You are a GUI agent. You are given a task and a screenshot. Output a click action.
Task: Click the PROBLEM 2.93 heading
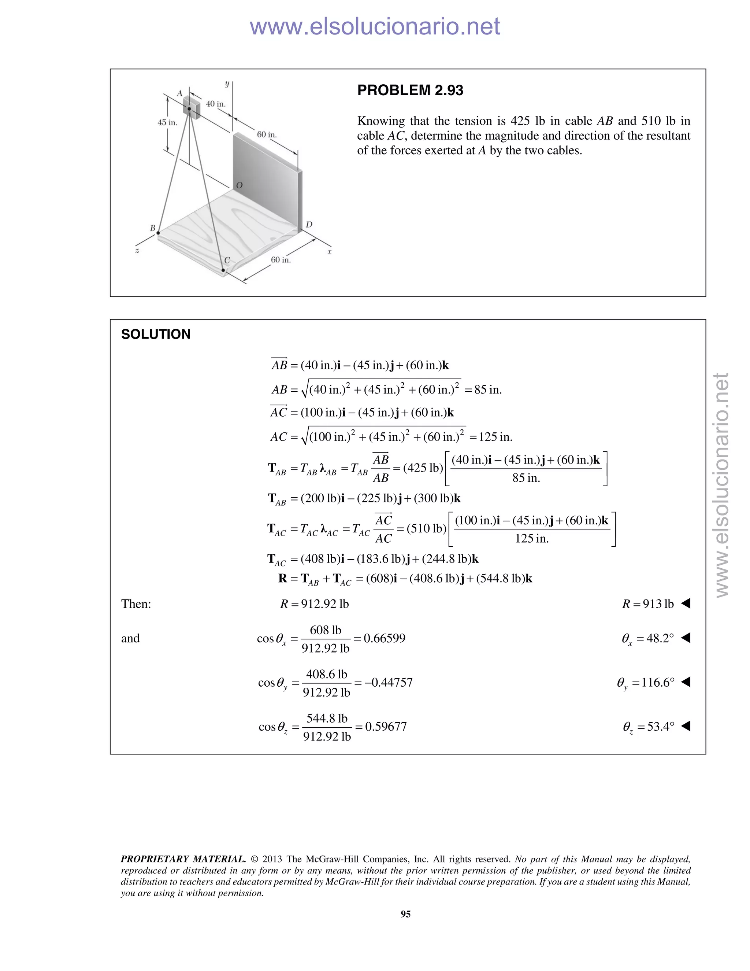click(x=410, y=90)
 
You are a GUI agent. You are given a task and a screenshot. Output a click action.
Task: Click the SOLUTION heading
click(x=156, y=334)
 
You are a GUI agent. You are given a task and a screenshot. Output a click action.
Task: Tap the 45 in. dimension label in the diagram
click(x=167, y=122)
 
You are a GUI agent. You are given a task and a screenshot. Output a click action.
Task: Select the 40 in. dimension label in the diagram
click(x=215, y=104)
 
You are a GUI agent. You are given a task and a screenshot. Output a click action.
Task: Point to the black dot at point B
click(x=158, y=233)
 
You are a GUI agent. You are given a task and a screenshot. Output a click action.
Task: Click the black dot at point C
click(x=223, y=270)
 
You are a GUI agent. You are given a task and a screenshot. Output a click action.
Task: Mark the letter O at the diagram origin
click(x=239, y=185)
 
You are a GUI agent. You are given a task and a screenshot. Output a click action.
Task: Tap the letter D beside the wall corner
click(x=309, y=225)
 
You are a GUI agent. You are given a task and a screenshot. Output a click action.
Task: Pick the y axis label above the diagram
click(x=227, y=84)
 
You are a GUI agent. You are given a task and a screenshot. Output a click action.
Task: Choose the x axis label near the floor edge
click(x=329, y=252)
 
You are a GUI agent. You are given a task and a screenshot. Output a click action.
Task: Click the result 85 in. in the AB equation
click(x=488, y=390)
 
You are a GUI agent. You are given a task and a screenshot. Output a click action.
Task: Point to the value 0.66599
click(x=384, y=638)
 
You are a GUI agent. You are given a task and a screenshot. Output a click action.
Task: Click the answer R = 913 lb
click(x=648, y=604)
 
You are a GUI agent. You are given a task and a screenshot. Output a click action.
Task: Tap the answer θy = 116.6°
click(x=646, y=683)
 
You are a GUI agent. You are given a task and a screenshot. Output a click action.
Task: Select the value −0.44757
click(x=388, y=683)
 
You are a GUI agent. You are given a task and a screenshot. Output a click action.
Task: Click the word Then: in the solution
click(x=136, y=604)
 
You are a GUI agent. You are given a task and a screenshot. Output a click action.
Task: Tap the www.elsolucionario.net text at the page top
click(x=375, y=26)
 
